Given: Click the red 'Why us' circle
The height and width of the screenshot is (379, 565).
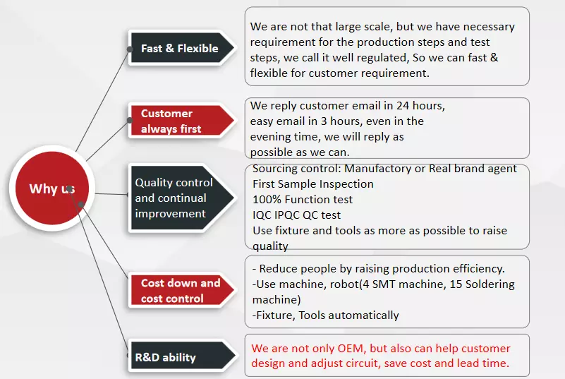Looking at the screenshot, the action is tap(52, 188).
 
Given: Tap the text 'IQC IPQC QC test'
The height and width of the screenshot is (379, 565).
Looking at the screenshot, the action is tap(296, 215).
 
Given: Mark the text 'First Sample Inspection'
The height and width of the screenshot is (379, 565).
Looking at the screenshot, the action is tap(313, 184).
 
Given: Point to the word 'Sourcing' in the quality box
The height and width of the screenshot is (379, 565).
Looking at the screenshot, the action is tap(275, 169).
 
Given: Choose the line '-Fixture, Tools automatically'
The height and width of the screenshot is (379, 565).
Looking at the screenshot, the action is tap(326, 315).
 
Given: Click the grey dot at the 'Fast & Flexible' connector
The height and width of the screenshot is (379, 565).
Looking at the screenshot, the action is tap(129, 49).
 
